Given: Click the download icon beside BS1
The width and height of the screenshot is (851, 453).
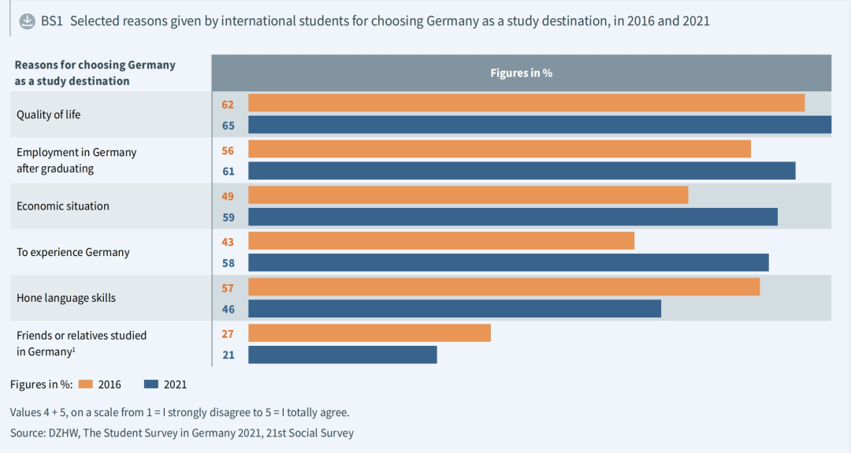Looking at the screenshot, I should [x=27, y=20].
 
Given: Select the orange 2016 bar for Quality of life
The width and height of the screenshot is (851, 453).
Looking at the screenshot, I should [x=526, y=103].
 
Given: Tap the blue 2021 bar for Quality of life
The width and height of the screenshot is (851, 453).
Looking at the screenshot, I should [x=539, y=125].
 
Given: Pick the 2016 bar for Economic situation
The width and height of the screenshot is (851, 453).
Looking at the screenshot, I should [x=468, y=195].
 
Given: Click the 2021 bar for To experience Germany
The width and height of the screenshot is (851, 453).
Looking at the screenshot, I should [x=508, y=262].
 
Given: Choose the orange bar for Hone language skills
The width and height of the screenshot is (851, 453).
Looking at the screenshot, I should [x=504, y=287].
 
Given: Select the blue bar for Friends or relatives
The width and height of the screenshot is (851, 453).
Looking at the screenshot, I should [x=342, y=355].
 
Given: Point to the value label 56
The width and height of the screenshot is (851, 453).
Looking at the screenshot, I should [x=228, y=150].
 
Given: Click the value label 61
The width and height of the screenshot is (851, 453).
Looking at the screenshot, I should [x=228, y=171].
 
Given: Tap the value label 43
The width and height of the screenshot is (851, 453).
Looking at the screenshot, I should [x=228, y=241].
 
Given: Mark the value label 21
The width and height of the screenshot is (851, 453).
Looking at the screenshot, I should [x=228, y=355].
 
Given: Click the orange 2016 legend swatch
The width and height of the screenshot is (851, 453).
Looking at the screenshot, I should [x=86, y=384].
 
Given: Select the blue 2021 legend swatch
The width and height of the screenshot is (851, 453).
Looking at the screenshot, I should [x=151, y=384].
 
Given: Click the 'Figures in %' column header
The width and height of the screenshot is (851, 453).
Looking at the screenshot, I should [x=521, y=72].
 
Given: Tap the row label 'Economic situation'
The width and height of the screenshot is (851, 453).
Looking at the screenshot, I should [x=63, y=206].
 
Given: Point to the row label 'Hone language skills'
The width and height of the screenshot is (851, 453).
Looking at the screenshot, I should [x=66, y=298].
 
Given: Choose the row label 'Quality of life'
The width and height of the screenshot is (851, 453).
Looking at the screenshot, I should [x=49, y=114].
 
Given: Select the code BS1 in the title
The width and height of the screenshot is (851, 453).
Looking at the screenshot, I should [x=52, y=21].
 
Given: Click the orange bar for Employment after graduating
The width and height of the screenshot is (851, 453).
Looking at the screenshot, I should [x=499, y=149].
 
